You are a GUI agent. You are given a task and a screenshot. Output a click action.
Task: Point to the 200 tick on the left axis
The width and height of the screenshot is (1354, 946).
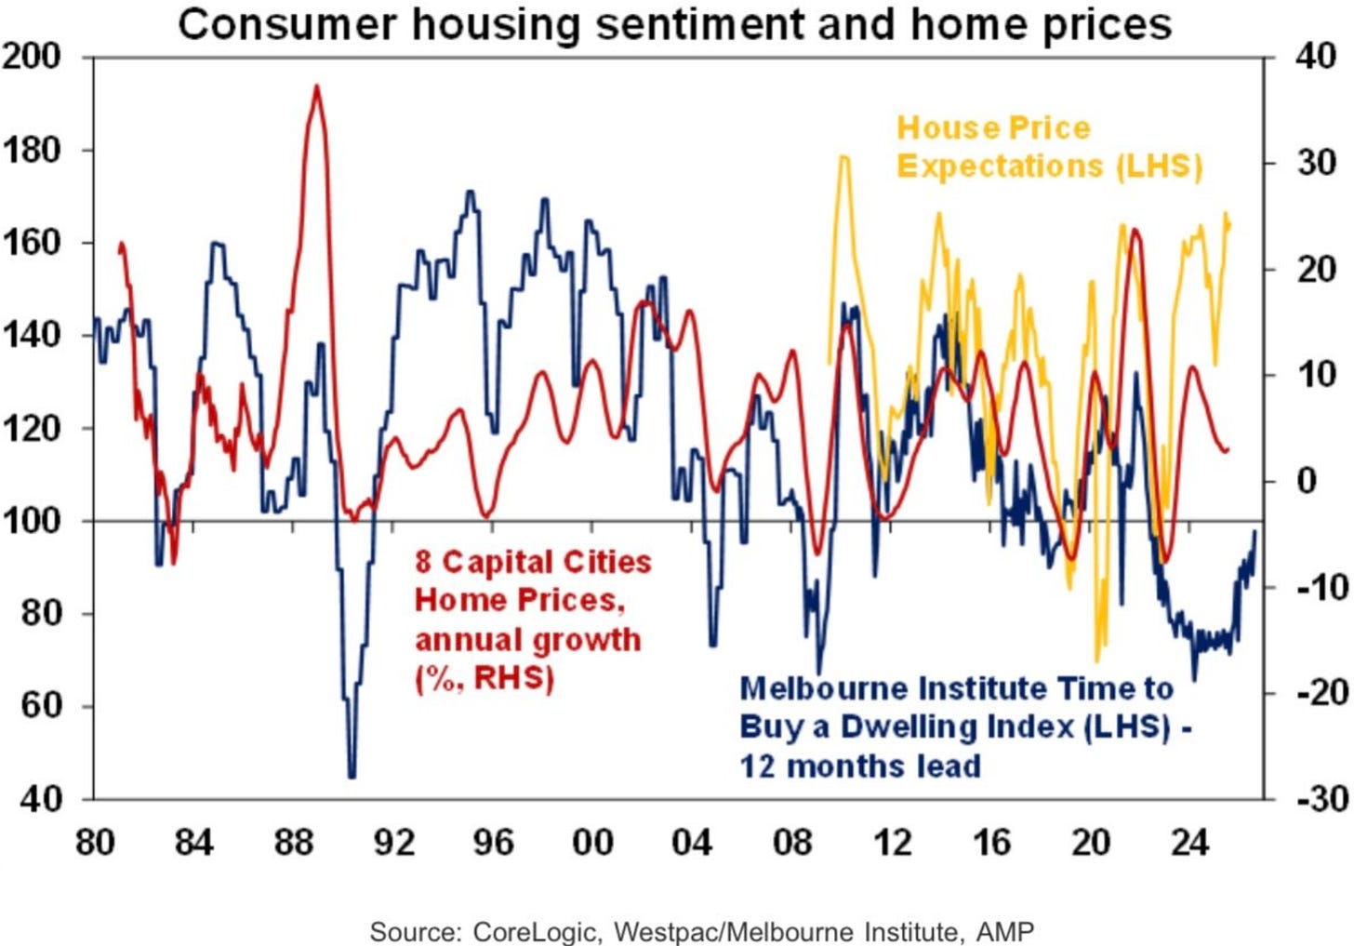pyautogui.click(x=33, y=58)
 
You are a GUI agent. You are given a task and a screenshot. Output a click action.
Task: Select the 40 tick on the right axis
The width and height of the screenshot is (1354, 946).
pyautogui.click(x=1315, y=58)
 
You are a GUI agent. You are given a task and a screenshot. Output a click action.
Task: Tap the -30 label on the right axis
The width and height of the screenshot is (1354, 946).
pyautogui.click(x=1320, y=798)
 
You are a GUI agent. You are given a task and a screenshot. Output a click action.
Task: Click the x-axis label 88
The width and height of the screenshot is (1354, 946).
pyautogui.click(x=293, y=842)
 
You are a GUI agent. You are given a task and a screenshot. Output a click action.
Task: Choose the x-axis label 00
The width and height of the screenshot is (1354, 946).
pyautogui.click(x=592, y=842)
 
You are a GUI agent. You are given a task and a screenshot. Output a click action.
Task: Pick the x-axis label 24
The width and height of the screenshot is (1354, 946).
pyautogui.click(x=1190, y=842)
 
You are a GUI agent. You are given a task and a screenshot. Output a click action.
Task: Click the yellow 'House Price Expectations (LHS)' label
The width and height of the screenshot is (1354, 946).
pyautogui.click(x=1048, y=147)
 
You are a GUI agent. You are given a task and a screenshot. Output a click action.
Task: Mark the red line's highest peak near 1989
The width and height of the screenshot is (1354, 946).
pyautogui.click(x=317, y=87)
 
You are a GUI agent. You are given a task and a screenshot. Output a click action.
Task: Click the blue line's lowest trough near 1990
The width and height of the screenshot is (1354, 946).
pyautogui.click(x=352, y=775)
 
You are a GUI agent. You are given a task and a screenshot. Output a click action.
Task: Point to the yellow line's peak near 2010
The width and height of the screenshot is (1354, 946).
pyautogui.click(x=843, y=158)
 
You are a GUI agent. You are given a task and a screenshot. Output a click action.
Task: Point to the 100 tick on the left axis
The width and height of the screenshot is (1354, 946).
pyautogui.click(x=33, y=521)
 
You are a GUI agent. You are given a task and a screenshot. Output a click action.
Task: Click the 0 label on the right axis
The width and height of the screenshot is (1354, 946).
pyautogui.click(x=1307, y=481)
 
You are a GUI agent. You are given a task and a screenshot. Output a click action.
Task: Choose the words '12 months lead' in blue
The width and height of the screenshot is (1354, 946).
pyautogui.click(x=860, y=766)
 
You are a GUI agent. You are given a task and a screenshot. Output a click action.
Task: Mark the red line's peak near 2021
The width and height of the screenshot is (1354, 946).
pyautogui.click(x=1134, y=229)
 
